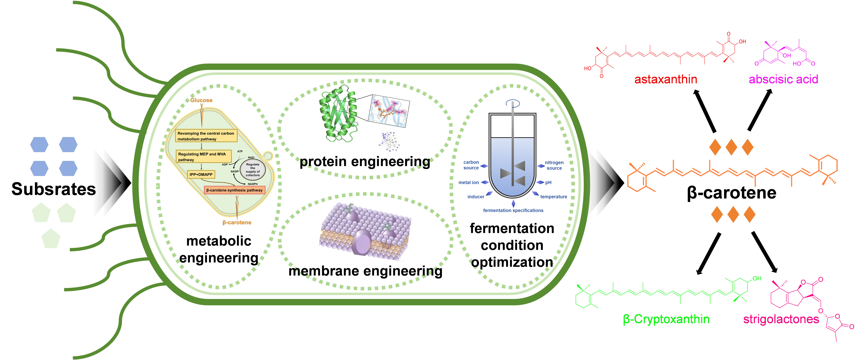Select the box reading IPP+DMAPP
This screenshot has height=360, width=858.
tap(201, 175)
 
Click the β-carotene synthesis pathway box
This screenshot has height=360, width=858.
tap(235, 190)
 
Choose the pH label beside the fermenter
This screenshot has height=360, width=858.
tap(548, 183)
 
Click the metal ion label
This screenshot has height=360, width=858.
tap(469, 183)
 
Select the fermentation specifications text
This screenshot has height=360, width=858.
tap(513, 211)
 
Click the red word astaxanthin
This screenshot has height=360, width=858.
tap(665, 79)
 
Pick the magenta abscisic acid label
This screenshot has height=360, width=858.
tap(783, 79)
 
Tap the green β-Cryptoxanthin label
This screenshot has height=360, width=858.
tap(666, 319)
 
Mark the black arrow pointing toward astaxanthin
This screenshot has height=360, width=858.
tap(705, 112)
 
